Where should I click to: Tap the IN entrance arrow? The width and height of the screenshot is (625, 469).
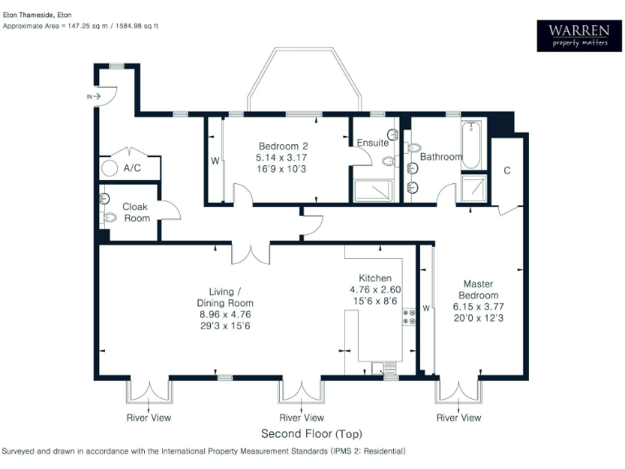pyautogui.click(x=94, y=96)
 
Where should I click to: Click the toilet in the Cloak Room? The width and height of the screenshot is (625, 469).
pyautogui.click(x=107, y=217)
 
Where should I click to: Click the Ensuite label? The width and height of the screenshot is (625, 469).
pyautogui.click(x=372, y=143)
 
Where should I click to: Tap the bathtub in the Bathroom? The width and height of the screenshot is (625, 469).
pyautogui.click(x=472, y=145)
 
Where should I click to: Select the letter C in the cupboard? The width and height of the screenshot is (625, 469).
pyautogui.click(x=507, y=171)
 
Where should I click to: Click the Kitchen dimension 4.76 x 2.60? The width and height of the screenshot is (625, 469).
pyautogui.click(x=375, y=290)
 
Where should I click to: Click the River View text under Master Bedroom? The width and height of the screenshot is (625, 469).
pyautogui.click(x=458, y=418)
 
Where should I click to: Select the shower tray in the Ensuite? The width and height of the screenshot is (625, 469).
pyautogui.click(x=373, y=191)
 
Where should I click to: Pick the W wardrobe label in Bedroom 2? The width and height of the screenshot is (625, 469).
pyautogui.click(x=215, y=160)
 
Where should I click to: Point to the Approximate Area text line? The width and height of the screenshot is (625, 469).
pyautogui.click(x=81, y=26)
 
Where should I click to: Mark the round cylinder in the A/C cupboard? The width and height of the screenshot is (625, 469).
pyautogui.click(x=109, y=169)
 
